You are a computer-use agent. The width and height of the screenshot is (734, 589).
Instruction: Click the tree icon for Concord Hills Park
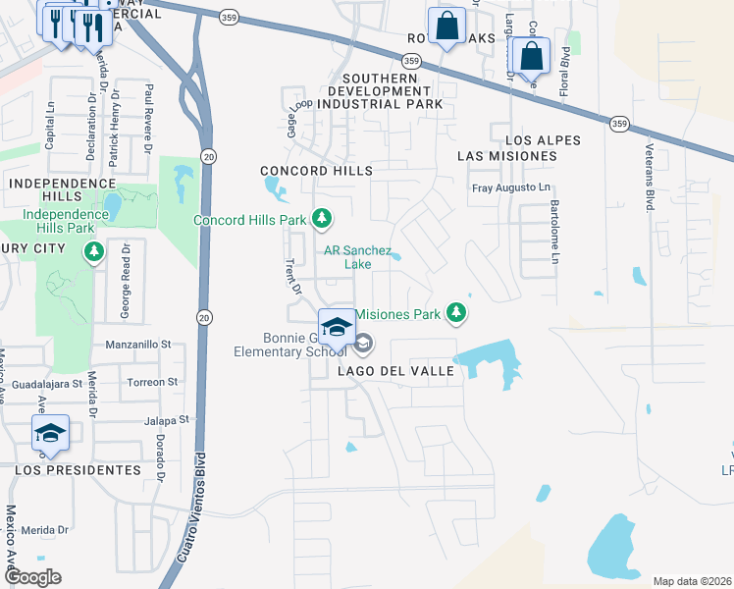point(321,218)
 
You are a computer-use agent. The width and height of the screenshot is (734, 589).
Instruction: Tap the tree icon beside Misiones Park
point(455,313)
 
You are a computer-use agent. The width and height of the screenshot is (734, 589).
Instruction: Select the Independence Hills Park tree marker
point(94,252)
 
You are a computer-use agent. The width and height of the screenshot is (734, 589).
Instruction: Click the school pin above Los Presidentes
point(50,434)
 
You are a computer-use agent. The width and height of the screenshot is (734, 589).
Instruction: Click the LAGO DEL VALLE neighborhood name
point(395,371)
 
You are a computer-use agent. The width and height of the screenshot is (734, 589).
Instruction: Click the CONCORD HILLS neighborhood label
point(317,171)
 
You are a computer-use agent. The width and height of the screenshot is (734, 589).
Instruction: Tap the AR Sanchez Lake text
point(358,256)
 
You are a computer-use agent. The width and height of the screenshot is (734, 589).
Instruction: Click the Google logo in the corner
point(32,577)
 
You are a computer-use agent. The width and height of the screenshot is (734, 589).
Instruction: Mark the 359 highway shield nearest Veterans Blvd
point(619,124)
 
